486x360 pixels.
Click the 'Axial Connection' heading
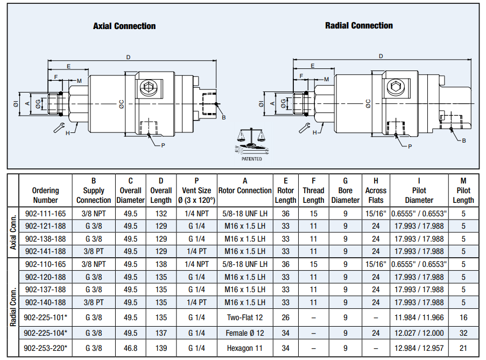point(124,26)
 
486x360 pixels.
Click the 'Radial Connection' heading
point(359,25)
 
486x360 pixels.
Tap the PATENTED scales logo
point(252,144)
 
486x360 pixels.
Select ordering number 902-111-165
point(46,214)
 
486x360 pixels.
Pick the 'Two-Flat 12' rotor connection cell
point(245,317)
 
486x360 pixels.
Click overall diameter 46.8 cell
point(130,348)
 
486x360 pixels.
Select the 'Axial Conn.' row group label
point(13,232)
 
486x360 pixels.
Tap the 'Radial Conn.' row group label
point(13,307)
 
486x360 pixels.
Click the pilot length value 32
point(463,333)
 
